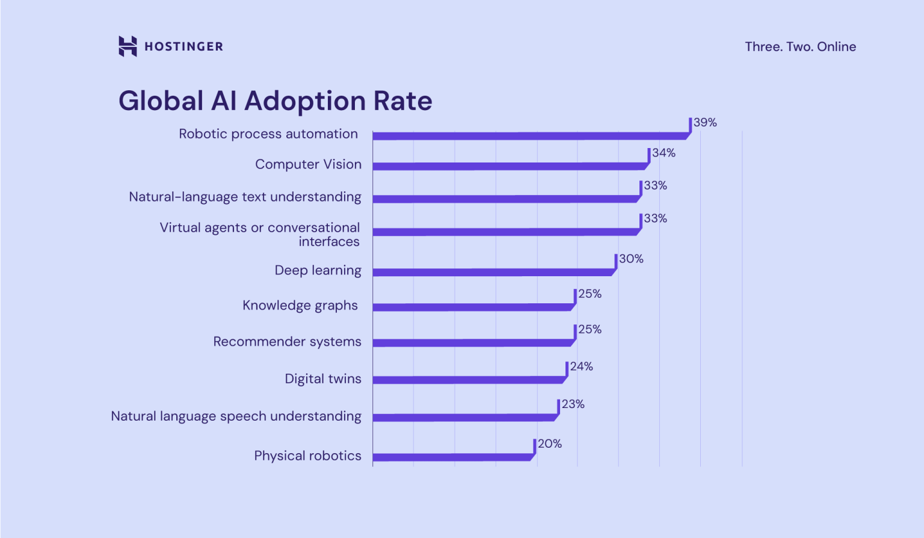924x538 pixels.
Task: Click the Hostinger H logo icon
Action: click(x=128, y=46)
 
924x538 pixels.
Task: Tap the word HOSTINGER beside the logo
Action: click(x=183, y=47)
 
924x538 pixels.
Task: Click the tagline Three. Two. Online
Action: click(x=800, y=47)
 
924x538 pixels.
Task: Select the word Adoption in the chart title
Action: click(x=305, y=101)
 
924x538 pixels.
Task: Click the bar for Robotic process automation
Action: click(x=529, y=136)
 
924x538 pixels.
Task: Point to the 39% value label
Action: click(x=705, y=123)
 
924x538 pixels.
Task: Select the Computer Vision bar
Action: click(x=508, y=166)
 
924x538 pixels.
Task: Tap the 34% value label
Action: click(x=664, y=153)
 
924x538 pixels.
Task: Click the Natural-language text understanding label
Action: click(x=245, y=197)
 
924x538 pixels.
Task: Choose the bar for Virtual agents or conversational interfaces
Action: click(x=505, y=232)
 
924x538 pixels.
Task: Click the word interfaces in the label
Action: click(x=329, y=242)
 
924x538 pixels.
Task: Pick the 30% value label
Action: click(x=631, y=259)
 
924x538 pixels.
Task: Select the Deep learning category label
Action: click(x=318, y=270)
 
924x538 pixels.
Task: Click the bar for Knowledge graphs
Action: click(x=472, y=307)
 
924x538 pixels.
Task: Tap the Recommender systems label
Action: click(x=287, y=342)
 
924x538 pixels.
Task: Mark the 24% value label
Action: click(x=581, y=366)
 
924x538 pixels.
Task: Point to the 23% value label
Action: click(x=573, y=404)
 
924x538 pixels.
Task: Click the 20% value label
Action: click(x=549, y=444)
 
